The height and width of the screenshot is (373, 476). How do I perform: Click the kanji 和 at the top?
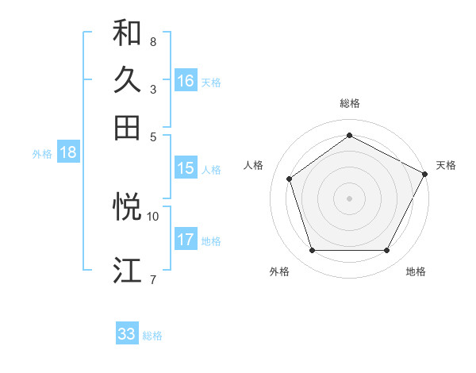click(x=127, y=33)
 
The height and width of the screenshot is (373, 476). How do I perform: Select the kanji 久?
click(x=127, y=80)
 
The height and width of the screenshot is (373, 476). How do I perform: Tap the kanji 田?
click(x=127, y=127)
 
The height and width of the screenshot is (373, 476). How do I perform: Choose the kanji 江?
click(x=127, y=271)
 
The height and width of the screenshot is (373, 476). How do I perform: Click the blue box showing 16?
click(x=186, y=81)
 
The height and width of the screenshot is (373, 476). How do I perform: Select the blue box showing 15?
click(x=186, y=168)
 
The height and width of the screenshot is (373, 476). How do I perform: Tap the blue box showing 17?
click(x=186, y=240)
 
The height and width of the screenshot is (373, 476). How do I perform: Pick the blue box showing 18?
click(x=68, y=153)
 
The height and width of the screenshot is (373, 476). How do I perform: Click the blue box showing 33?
click(x=127, y=334)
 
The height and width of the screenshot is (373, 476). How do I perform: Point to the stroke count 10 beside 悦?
click(x=153, y=215)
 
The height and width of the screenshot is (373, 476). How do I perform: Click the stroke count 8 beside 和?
click(x=152, y=40)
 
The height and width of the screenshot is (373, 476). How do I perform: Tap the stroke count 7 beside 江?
click(x=152, y=279)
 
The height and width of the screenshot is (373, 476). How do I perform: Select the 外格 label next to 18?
click(x=42, y=154)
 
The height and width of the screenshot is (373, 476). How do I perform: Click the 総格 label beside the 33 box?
click(x=153, y=336)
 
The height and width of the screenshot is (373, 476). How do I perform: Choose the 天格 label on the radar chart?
click(x=446, y=165)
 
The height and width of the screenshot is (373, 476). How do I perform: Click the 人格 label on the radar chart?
click(x=254, y=165)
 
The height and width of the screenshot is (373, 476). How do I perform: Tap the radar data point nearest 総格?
click(x=349, y=136)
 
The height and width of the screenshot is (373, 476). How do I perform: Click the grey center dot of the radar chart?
click(x=349, y=198)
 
